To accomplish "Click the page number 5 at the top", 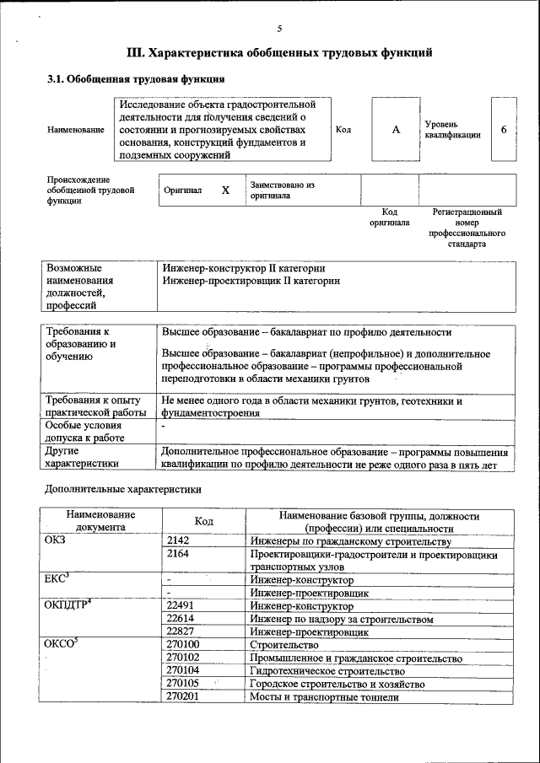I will click(279, 30).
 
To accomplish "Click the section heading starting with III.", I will click(279, 53).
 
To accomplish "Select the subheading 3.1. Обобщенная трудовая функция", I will click(135, 79).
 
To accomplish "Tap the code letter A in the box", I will click(396, 130).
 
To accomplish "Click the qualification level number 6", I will click(504, 130).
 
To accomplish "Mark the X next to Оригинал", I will click(225, 191).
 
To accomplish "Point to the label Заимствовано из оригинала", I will click(282, 190).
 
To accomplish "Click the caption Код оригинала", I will click(389, 218).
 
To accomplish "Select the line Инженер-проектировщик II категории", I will click(251, 281).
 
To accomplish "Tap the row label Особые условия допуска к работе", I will click(84, 432).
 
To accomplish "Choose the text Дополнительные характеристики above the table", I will click(122, 489).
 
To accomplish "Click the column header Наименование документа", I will click(100, 521).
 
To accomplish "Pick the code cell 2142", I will click(178, 541).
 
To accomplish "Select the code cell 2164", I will click(178, 555).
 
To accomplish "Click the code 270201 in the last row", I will click(183, 696).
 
